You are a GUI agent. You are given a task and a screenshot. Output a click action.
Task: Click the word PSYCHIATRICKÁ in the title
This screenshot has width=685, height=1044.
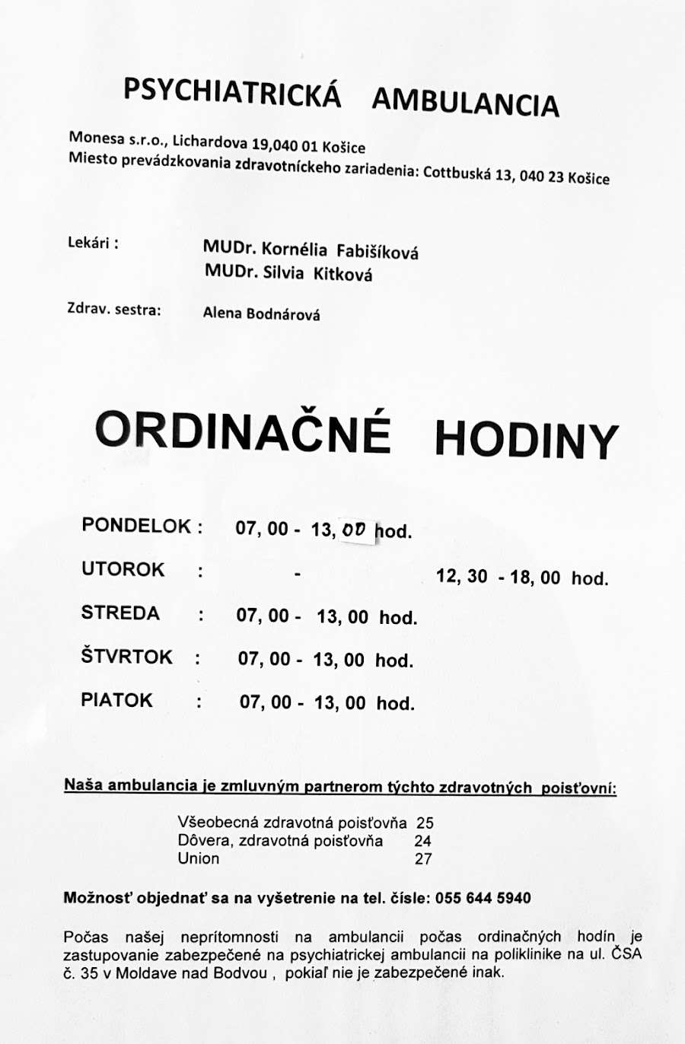point(231,92)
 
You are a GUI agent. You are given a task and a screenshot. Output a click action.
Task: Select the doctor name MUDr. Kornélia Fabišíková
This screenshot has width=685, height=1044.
point(311,250)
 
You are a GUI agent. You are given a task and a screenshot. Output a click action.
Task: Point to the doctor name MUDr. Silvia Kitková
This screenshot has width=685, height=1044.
point(288,273)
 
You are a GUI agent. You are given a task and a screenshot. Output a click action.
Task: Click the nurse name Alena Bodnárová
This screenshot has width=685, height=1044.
point(261,313)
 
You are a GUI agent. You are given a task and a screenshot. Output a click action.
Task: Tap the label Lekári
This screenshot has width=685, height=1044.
point(93,244)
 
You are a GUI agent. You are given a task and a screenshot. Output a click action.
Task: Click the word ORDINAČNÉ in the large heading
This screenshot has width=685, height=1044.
point(244,431)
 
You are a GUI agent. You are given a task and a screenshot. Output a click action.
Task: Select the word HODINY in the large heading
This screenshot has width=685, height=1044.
point(526,439)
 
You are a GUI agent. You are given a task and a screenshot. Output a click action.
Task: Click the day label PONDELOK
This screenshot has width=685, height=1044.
point(137,526)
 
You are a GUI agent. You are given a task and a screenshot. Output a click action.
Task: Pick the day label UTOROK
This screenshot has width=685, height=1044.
point(123,569)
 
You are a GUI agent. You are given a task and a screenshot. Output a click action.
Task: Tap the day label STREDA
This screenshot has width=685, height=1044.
point(120,613)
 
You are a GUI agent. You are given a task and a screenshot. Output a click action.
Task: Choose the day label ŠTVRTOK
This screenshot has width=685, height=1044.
point(127,656)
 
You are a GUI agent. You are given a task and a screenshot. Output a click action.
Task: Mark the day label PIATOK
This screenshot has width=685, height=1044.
point(116,700)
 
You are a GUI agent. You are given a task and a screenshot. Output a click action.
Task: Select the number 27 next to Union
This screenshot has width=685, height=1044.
point(423,859)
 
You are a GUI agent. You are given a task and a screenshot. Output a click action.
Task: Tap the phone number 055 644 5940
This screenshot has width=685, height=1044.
point(483,898)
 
